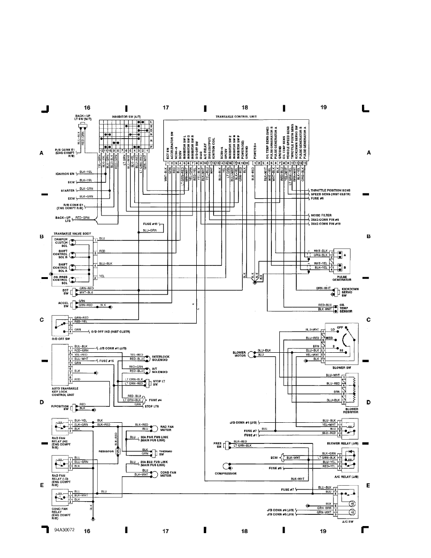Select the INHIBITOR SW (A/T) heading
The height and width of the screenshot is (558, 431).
pyautogui.click(x=125, y=116)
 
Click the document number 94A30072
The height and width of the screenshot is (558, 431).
pyautogui.click(x=63, y=529)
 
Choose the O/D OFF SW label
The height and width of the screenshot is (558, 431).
pyautogui.click(x=62, y=338)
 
